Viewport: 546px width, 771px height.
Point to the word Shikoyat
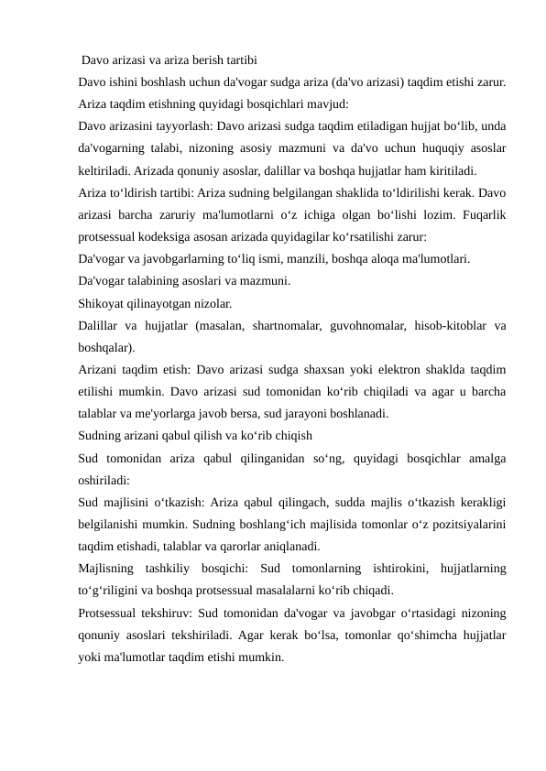104,301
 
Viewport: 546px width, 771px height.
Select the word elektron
397,370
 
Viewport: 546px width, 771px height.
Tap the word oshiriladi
104,479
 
